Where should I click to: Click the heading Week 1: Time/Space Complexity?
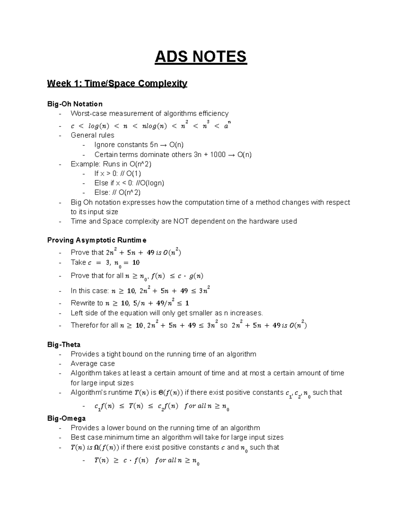(x=117, y=83)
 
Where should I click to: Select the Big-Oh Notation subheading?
(x=75, y=104)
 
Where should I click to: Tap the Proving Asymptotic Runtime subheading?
(x=97, y=240)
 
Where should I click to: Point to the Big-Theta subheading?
(x=64, y=345)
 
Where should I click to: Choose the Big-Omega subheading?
(x=66, y=418)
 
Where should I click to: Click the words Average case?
(x=93, y=364)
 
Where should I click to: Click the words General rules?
(x=92, y=135)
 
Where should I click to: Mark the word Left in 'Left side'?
(x=76, y=313)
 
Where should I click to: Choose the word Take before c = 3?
(x=78, y=263)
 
